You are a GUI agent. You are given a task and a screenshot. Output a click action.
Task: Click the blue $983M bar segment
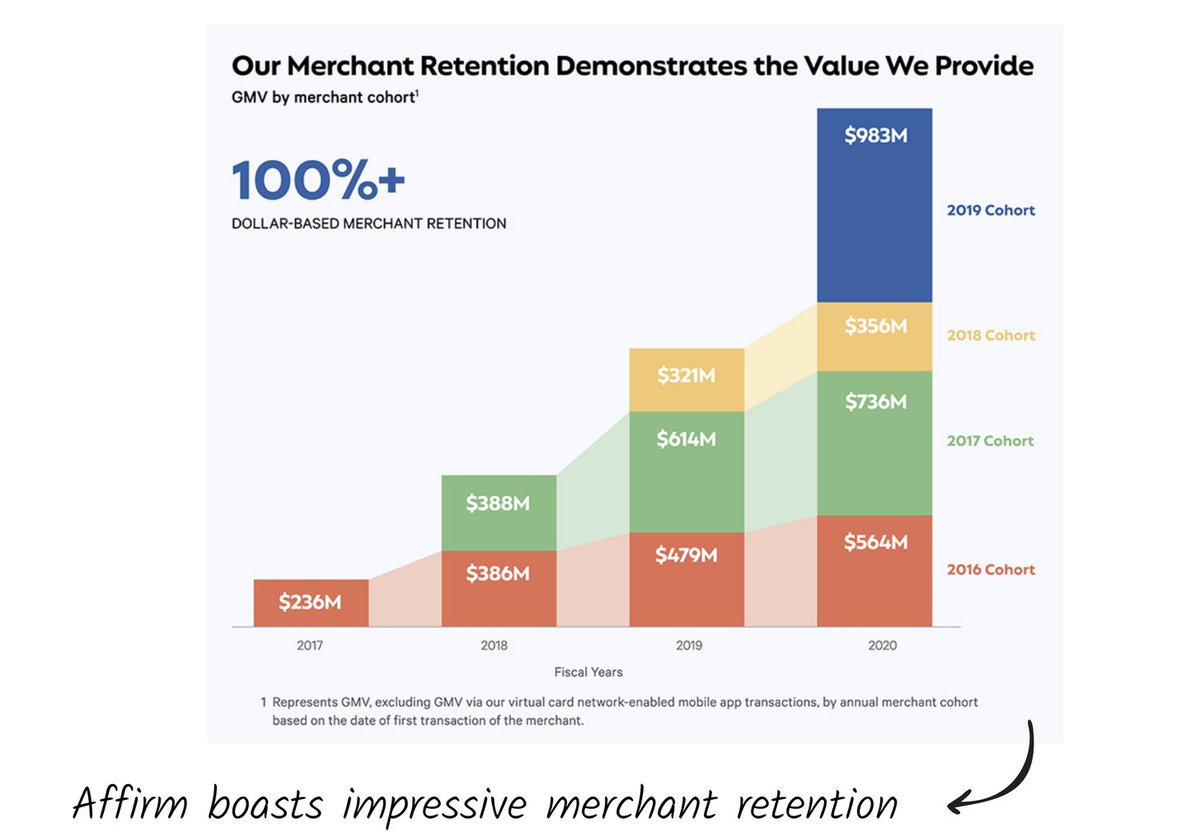pos(875,205)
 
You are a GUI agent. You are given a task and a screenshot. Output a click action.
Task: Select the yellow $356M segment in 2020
pos(875,336)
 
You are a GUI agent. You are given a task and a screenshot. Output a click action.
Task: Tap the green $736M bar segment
pos(875,442)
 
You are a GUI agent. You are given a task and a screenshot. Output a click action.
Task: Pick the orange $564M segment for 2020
pos(875,570)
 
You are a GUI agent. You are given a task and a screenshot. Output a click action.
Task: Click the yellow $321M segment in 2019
pos(686,380)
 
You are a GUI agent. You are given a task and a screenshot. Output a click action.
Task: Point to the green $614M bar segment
pos(686,471)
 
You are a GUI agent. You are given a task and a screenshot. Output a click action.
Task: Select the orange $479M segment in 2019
pos(686,579)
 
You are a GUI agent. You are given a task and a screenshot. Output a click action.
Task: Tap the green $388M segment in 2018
pos(498,513)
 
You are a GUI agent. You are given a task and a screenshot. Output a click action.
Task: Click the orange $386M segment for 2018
pos(498,588)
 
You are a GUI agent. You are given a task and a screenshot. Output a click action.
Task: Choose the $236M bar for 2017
pos(310,603)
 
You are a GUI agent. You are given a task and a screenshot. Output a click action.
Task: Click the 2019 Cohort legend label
pos(990,210)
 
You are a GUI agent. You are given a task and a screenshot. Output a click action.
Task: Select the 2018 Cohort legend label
pos(990,335)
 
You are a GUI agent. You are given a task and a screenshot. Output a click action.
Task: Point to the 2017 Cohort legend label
pos(990,440)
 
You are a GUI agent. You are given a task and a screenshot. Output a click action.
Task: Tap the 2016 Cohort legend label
pos(990,569)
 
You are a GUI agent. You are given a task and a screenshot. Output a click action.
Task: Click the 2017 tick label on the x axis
pos(310,645)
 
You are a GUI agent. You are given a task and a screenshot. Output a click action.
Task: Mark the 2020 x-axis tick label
pos(882,645)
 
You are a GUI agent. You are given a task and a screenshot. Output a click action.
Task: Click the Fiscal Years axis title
pos(588,672)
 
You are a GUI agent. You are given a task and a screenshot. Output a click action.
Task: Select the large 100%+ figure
pos(318,180)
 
